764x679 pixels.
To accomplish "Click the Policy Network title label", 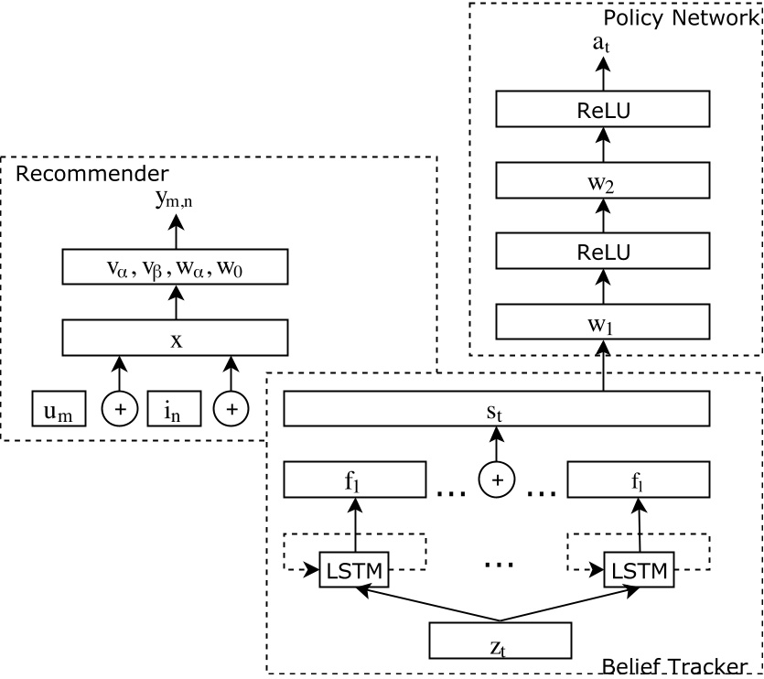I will point(680,17).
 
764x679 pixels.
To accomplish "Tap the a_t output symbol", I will point(602,41).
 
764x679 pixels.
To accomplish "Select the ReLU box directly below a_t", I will point(602,110).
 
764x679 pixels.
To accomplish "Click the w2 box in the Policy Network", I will point(602,180).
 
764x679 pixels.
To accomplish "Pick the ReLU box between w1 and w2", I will point(602,251).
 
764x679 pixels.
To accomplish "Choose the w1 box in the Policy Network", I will point(602,321).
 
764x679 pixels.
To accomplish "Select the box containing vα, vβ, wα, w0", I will point(175,268).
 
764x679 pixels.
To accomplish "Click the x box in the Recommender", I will point(175,338).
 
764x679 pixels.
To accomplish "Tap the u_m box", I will point(59,409).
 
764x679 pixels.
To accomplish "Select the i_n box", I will point(174,409).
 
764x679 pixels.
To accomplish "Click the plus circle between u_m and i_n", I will point(117,409).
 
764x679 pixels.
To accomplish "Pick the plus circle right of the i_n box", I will point(231,409).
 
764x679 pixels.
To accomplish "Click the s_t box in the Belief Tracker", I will point(496,409).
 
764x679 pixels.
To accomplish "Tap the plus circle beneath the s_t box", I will point(497,479).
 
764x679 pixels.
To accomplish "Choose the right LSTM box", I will point(639,569).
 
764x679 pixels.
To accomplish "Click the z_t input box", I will point(500,641).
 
